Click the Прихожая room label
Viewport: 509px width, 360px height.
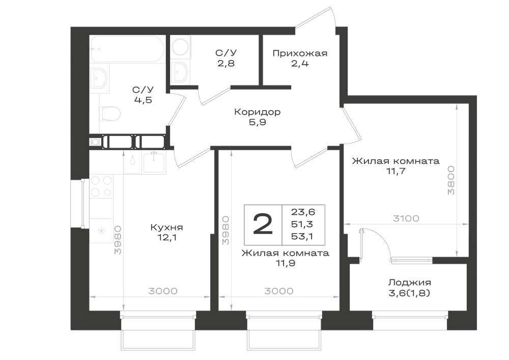click(x=300, y=53)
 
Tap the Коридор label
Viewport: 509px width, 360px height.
click(x=258, y=113)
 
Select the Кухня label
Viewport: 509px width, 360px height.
click(x=166, y=227)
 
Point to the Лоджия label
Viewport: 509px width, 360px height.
click(x=410, y=283)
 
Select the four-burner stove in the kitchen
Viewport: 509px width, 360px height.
click(x=101, y=186)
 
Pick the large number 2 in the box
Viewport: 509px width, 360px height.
click(x=263, y=225)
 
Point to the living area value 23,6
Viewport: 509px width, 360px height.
click(x=303, y=212)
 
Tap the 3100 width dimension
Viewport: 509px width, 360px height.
click(x=406, y=218)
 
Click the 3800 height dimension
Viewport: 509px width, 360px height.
click(x=451, y=180)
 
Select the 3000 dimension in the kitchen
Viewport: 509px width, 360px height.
click(x=163, y=291)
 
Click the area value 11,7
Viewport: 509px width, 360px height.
click(x=396, y=171)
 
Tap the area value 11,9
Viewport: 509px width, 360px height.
click(x=286, y=263)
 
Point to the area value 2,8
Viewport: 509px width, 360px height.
click(x=227, y=63)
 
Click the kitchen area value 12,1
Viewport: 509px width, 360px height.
click(x=166, y=238)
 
